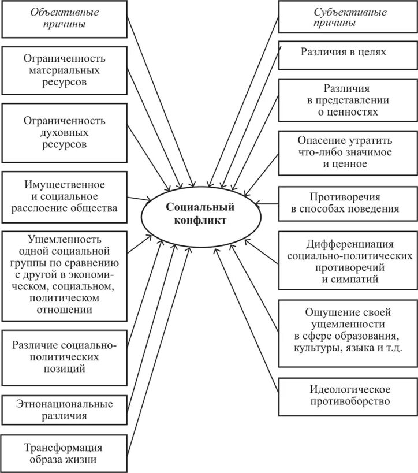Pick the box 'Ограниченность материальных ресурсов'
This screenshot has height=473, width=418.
pos(64,70)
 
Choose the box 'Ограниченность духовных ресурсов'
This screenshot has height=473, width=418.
pos(64,132)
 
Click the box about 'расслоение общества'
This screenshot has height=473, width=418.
pos(64,196)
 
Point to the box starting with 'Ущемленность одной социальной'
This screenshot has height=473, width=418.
pos(64,274)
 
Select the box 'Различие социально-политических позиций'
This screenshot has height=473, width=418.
pos(64,357)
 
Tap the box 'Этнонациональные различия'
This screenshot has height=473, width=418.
pos(64,409)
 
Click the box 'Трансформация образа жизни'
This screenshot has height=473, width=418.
pos(64,453)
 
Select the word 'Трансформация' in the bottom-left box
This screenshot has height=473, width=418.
pos(64,448)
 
